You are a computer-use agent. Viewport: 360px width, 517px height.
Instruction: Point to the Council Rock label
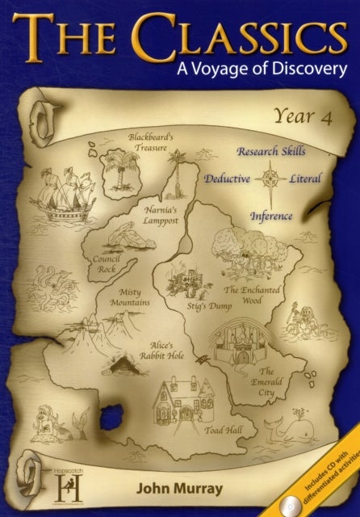(107, 263)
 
